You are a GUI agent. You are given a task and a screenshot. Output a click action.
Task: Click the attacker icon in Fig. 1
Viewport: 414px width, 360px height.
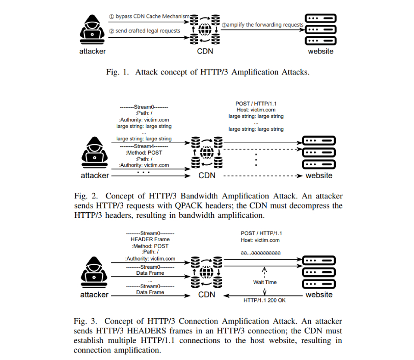coord(92,29)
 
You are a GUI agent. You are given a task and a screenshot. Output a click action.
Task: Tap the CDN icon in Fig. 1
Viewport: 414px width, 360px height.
coord(205,29)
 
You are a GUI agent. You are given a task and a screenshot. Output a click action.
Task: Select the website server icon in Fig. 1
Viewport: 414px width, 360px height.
coord(321,29)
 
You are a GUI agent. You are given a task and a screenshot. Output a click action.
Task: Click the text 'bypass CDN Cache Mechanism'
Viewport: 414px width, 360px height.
coord(152,17)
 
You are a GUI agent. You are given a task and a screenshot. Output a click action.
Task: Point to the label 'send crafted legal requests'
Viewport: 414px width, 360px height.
coord(148,31)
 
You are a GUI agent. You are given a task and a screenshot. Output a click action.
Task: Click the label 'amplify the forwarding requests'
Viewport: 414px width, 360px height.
coord(265,25)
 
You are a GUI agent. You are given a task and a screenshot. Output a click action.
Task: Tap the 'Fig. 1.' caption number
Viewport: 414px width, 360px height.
coord(117,72)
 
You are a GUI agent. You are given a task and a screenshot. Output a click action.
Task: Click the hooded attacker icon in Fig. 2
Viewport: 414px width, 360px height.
coord(94,152)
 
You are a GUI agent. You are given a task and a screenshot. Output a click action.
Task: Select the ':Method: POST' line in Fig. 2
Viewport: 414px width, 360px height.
coord(144,153)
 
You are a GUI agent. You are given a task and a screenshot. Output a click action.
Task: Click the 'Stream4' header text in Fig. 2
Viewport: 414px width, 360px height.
coord(144,146)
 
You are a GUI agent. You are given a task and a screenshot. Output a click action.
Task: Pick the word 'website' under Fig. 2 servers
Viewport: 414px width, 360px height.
coord(319,175)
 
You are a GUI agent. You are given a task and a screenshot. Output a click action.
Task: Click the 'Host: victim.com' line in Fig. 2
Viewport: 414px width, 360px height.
coord(256,110)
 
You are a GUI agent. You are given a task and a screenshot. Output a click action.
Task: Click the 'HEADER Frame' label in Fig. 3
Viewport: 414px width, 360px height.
coord(150,239)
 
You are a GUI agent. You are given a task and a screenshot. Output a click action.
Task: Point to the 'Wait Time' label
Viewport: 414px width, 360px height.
coord(265,282)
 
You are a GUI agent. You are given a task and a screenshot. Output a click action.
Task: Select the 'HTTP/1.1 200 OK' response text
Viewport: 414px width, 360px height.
coord(264,300)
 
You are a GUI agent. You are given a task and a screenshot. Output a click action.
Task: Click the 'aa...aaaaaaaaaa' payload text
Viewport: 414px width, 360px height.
coord(261,253)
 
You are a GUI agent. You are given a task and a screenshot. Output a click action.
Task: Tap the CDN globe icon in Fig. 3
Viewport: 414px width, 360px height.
coord(207,272)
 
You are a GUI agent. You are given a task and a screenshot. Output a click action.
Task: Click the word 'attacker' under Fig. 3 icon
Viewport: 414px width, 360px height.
coord(94,295)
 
